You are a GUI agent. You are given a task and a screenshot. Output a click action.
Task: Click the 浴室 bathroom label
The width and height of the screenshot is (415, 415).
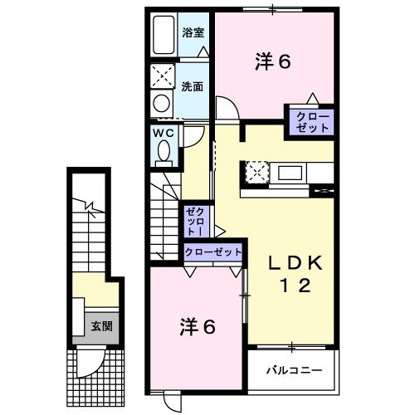(x=194, y=34)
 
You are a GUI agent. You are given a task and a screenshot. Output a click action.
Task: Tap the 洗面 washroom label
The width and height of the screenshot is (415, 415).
(x=194, y=85)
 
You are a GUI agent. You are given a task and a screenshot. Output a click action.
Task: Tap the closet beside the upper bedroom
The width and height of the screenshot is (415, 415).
(x=310, y=122)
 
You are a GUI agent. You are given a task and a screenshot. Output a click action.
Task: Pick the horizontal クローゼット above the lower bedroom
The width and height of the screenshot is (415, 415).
(x=212, y=251)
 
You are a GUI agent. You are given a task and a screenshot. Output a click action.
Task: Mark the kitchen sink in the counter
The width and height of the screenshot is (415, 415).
(x=290, y=173)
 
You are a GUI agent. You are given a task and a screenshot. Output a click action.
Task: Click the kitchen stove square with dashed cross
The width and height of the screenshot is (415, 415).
(x=254, y=173)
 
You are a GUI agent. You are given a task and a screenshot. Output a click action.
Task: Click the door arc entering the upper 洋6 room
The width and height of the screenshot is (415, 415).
(x=225, y=109)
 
